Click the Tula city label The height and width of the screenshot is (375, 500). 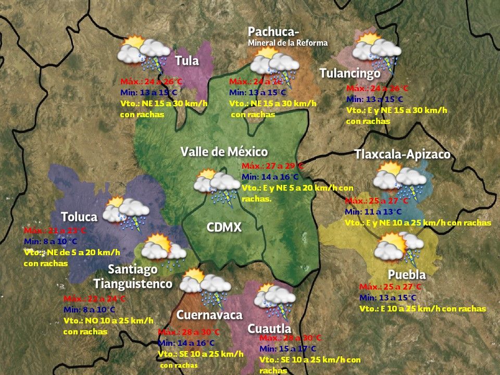pos(187,61)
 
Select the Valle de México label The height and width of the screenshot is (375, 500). pos(224,152)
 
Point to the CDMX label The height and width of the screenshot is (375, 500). pos(224,228)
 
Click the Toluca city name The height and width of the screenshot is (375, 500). pos(79,217)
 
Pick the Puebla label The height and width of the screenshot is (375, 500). pos(407,274)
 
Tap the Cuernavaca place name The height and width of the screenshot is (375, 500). pos(209,315)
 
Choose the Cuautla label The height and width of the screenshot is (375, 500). pos(269,329)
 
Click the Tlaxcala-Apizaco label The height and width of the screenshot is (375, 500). pos(402,155)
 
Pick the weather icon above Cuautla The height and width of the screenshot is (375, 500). pos(274,299)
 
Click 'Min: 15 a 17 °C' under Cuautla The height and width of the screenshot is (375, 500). pos(287,348)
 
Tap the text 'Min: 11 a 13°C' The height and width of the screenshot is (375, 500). pos(373,212)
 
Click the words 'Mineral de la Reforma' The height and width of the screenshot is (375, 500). pos(287,43)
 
